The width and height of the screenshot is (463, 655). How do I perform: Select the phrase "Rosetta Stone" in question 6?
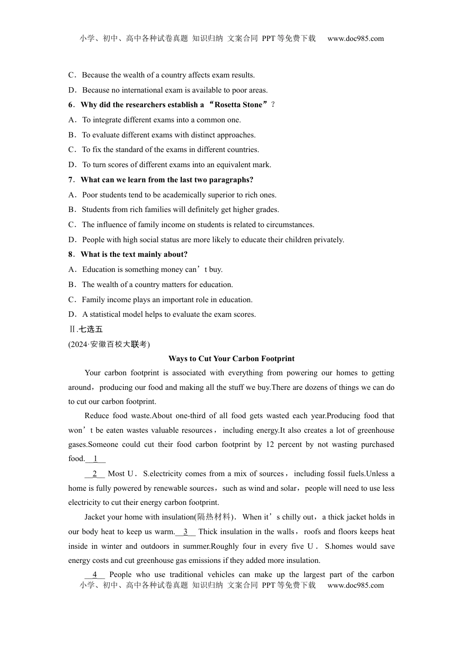(238, 105)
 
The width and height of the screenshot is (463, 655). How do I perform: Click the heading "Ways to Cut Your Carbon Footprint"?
(231, 359)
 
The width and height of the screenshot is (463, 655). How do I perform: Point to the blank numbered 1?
(96, 459)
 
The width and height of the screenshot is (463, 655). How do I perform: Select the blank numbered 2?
(95, 474)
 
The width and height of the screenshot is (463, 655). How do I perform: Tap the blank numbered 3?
(186, 532)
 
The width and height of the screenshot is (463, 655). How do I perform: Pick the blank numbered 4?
(95, 575)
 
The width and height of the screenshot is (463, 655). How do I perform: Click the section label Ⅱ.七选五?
(85, 329)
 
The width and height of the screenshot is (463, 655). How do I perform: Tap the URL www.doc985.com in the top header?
(356, 39)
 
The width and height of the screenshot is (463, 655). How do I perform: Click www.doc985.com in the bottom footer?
(356, 585)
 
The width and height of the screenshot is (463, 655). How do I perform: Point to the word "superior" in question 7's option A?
(224, 195)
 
